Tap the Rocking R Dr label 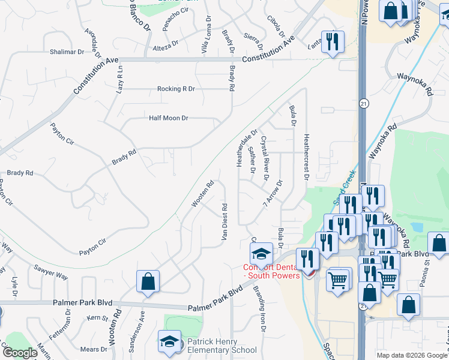pyautogui.click(x=176, y=89)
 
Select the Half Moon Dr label pyautogui.click(x=169, y=118)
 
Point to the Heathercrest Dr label pyautogui.click(x=306, y=156)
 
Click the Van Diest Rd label pyautogui.click(x=224, y=223)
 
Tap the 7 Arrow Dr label pyautogui.click(x=272, y=194)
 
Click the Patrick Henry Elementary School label pyautogui.click(x=222, y=345)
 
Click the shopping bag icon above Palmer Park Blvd pyautogui.click(x=148, y=282)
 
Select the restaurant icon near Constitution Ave pyautogui.click(x=332, y=42)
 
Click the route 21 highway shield pyautogui.click(x=363, y=104)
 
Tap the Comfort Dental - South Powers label pyautogui.click(x=271, y=271)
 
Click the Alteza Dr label pyautogui.click(x=166, y=43)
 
